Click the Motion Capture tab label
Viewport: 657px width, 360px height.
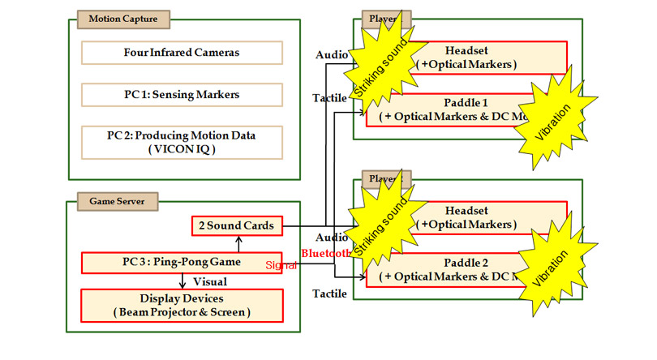(112, 19)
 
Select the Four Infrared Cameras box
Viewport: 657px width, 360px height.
(182, 54)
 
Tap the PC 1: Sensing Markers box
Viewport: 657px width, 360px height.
(182, 94)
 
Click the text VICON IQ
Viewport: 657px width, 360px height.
(182, 148)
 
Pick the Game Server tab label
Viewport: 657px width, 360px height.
(106, 199)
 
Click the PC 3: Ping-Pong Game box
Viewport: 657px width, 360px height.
(182, 263)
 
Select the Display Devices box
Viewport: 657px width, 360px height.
(182, 305)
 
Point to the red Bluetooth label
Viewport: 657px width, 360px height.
(324, 254)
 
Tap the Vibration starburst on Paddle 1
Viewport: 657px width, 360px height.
(556, 118)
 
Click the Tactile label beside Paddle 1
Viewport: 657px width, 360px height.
(330, 98)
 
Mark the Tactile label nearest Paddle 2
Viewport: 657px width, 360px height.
(330, 292)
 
